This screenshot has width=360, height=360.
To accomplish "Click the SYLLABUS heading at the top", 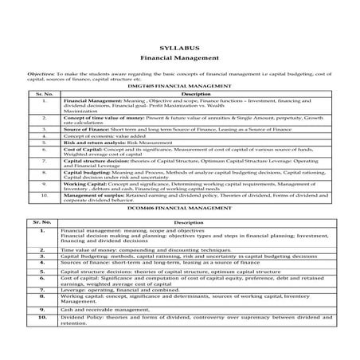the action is coord(180,49).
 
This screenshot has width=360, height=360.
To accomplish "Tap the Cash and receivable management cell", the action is coord(104,309).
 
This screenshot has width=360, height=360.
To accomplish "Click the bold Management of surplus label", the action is coord(96,194).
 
